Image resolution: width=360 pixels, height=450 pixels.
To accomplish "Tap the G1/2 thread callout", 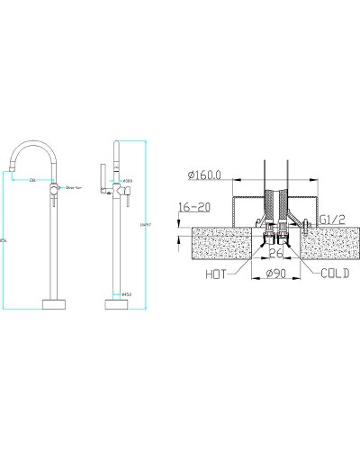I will point(330,219).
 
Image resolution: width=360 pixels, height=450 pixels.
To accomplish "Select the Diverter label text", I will point(74,188).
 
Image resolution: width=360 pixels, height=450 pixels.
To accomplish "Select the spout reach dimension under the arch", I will point(33,181).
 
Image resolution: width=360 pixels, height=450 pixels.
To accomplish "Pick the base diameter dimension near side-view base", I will point(130,292).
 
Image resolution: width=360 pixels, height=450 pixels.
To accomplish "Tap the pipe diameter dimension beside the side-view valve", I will point(129,179).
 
